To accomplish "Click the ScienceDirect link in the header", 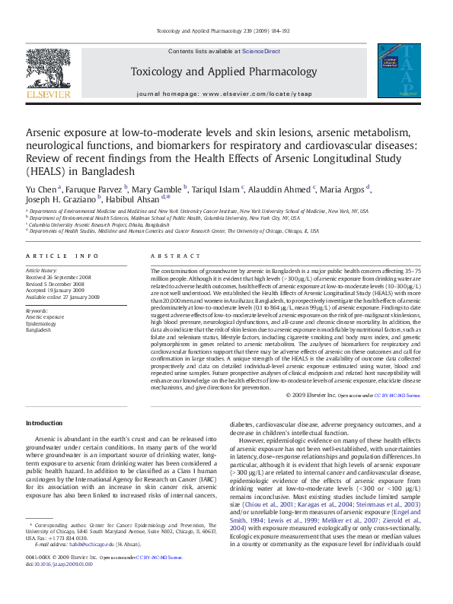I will [x=261, y=52].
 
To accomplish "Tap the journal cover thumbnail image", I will [x=398, y=71].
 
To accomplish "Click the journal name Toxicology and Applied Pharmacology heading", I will [x=224, y=72].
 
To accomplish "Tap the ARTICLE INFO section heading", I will [x=62, y=256].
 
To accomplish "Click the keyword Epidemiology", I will [x=43, y=323].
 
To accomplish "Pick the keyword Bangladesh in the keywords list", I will [x=40, y=329].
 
